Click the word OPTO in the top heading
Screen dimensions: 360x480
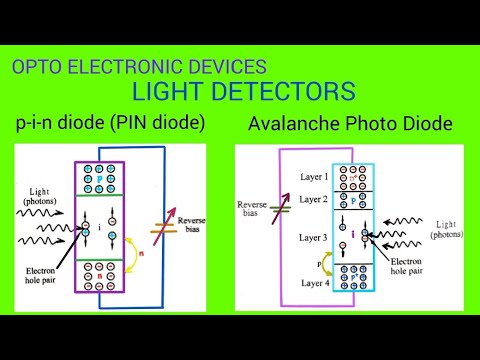pos(35,68)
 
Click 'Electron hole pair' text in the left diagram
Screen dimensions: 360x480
pos(48,275)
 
